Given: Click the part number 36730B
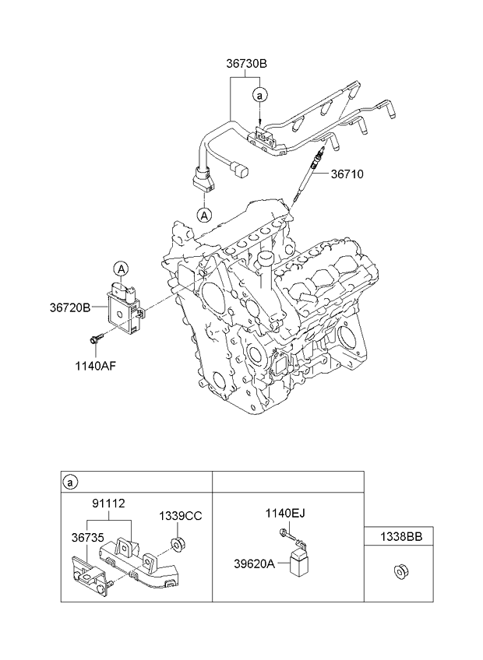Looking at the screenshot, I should pos(246,65).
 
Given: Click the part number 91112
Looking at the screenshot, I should pos(108,504).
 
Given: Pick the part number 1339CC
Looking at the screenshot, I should pos(181,515).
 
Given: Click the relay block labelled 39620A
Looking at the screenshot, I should pos(298,563).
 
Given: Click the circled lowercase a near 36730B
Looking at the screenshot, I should pos(259,94).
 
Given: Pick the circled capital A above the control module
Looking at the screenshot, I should pos(122,269).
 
